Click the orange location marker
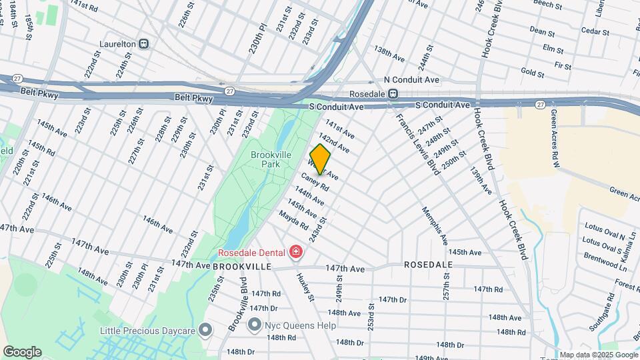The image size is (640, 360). point(320,158)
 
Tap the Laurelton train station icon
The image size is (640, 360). point(143,44)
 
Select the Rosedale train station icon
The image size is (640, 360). point(393,95)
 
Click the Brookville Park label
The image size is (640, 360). point(269,159)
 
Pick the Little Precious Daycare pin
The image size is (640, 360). point(206,330)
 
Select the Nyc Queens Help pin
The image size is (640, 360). point(254,325)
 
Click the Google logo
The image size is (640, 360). point(22,351)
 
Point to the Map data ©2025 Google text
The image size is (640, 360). point(598,355)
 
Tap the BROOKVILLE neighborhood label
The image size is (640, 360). point(242,266)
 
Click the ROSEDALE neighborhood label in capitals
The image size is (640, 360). point(428,265)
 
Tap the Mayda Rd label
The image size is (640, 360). point(293,218)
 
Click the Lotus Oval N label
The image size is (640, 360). point(604,236)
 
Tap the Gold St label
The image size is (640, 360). point(533,71)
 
